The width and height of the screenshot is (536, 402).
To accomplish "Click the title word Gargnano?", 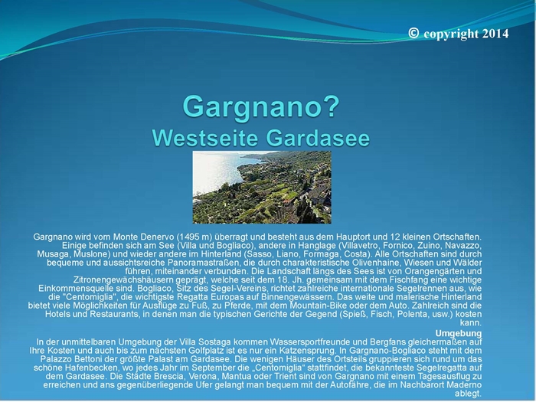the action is click(261, 106).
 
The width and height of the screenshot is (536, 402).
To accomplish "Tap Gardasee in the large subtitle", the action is click(318, 138).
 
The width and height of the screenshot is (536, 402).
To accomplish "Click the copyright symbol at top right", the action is click(413, 33).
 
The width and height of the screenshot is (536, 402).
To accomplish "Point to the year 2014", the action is click(495, 34).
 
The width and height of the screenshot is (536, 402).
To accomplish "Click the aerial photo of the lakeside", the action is click(262, 188).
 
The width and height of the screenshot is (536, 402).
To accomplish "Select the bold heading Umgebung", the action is click(459, 333).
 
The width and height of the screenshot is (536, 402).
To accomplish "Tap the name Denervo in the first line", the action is click(159, 237).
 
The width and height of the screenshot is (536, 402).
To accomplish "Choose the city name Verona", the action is click(203, 377).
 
